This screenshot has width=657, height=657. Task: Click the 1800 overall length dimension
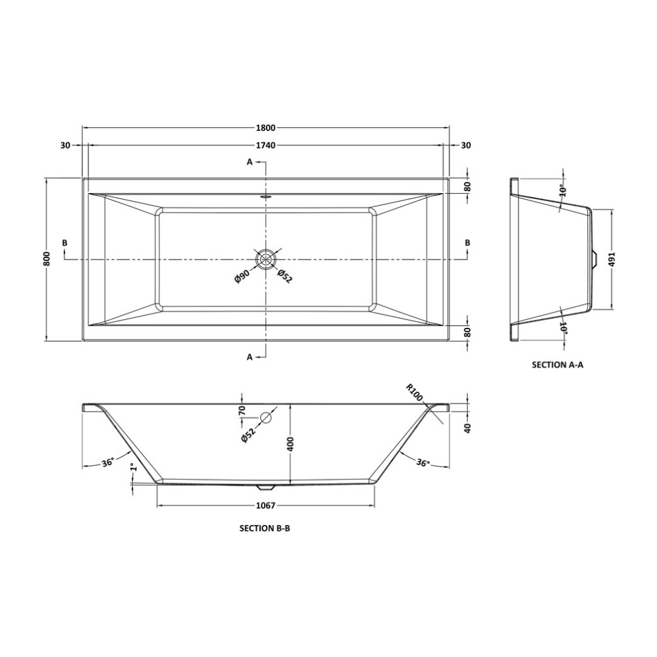265,127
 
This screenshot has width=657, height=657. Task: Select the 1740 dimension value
265,145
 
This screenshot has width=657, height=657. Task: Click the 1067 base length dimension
265,506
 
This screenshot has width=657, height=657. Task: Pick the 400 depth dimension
291,444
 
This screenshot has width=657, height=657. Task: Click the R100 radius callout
414,393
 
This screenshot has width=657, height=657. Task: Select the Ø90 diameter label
242,277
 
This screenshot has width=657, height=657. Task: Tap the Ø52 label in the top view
284,276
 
